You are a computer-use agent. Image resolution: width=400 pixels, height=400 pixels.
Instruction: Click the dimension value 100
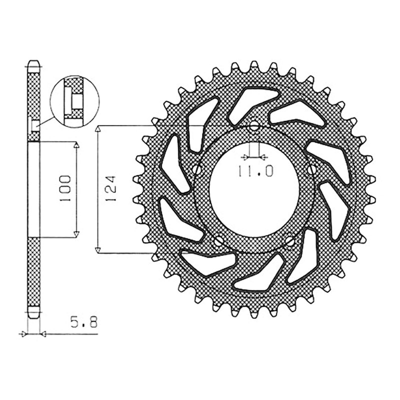(x=65, y=188)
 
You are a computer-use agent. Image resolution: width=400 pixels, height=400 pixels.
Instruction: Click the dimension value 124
(x=110, y=188)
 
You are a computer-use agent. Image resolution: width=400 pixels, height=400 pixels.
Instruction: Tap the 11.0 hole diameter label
(x=255, y=171)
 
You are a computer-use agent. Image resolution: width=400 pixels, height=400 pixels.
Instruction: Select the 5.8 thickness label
(x=84, y=323)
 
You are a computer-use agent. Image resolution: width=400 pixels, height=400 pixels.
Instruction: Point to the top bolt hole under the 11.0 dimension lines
(x=254, y=124)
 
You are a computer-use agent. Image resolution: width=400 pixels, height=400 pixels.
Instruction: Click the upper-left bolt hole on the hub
(x=196, y=169)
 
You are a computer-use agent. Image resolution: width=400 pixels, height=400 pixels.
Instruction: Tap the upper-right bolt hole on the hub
(x=311, y=169)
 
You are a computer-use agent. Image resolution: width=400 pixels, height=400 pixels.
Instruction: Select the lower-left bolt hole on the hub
(x=218, y=241)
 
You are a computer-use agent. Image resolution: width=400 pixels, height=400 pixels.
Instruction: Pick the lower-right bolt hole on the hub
(x=290, y=241)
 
